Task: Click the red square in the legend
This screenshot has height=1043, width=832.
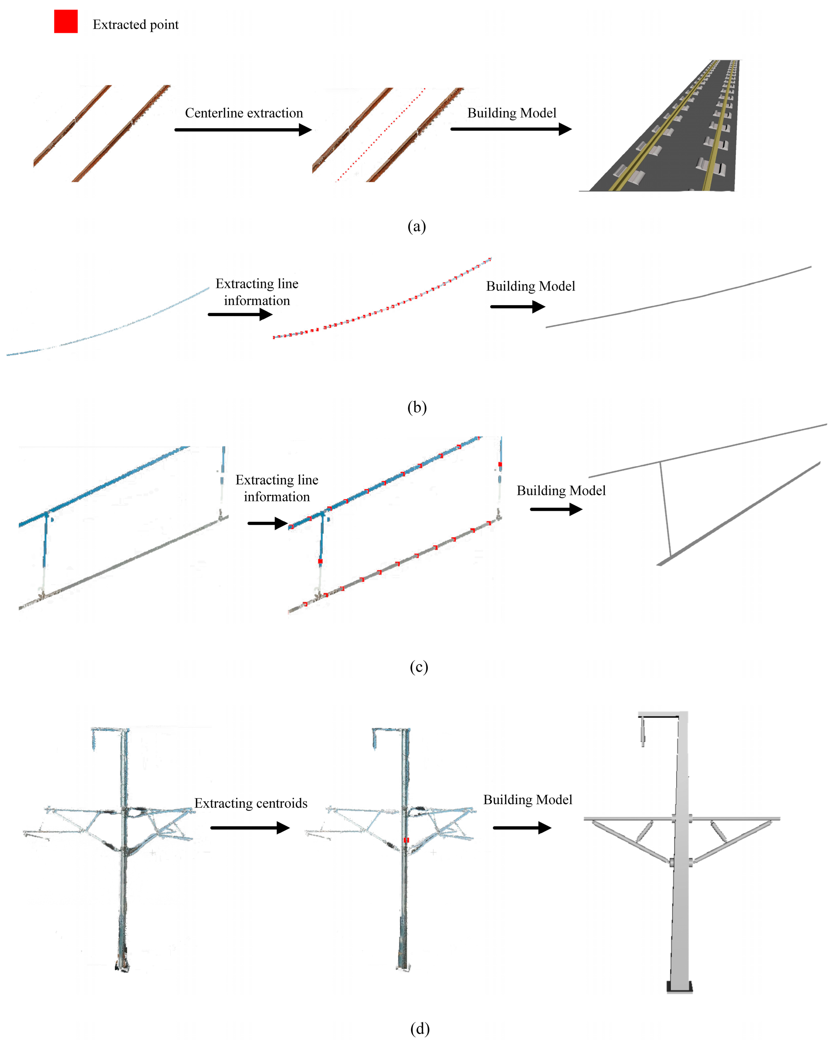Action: point(66,22)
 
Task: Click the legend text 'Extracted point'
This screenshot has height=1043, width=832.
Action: point(135,25)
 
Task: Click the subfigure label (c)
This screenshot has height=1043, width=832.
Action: point(418,667)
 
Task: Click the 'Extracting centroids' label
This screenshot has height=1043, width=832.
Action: point(251,803)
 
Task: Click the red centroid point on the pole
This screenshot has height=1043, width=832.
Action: point(406,840)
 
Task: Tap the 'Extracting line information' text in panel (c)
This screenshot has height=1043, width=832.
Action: point(277,488)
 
